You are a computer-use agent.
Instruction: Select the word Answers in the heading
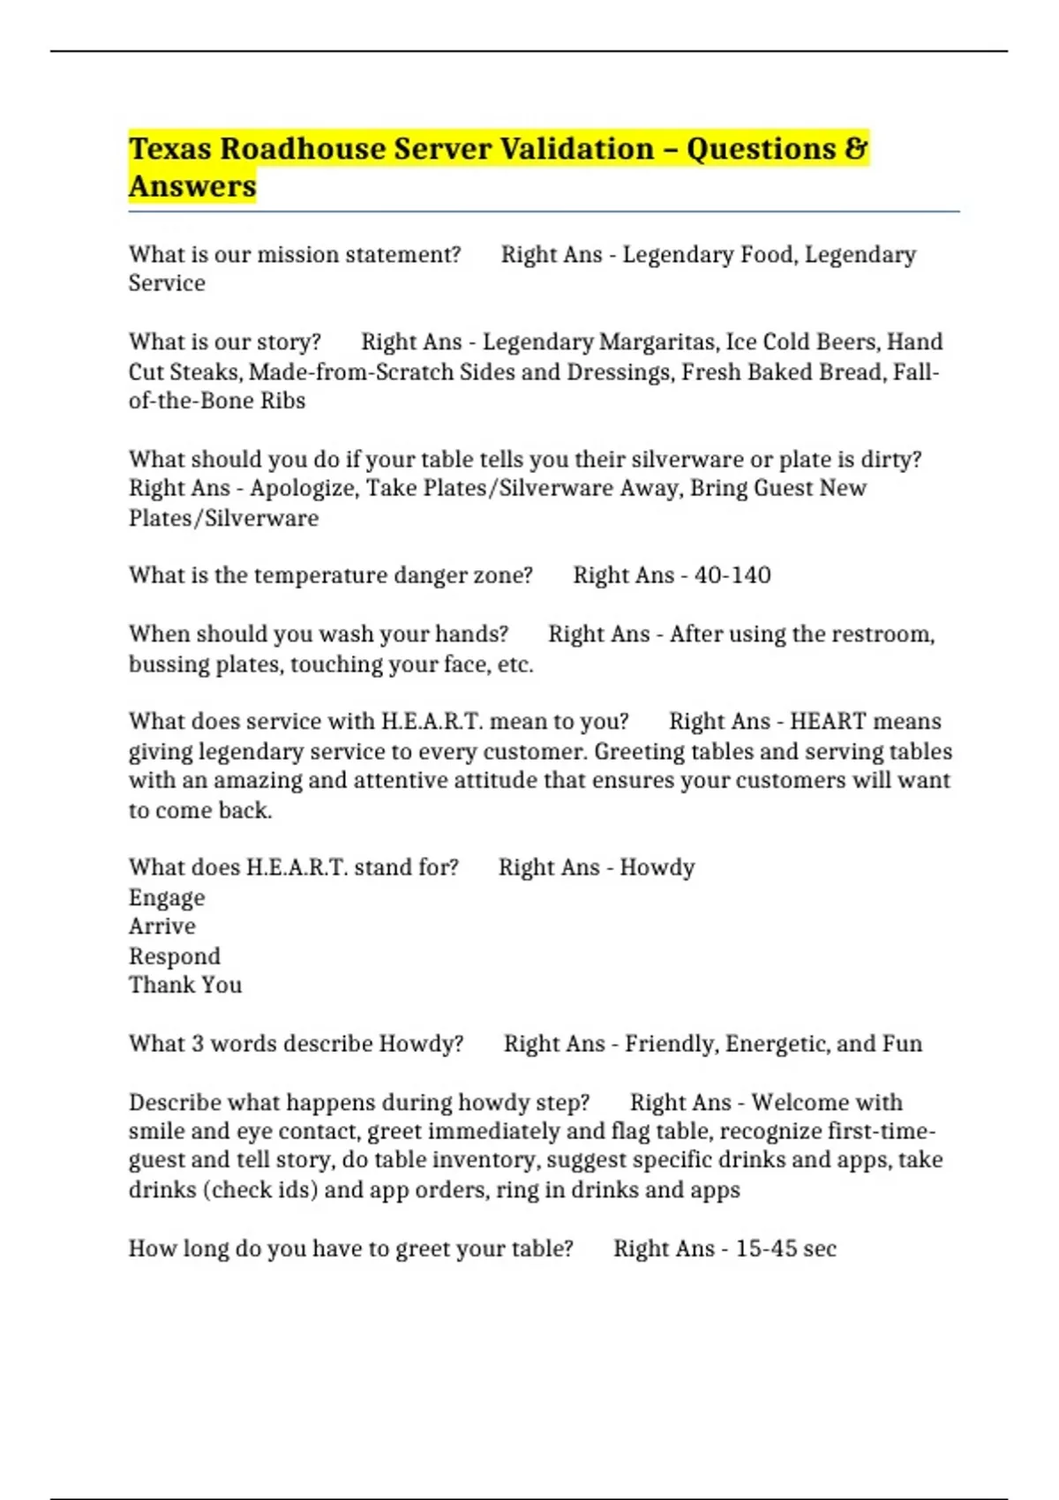192,186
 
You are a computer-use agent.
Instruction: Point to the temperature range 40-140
732,575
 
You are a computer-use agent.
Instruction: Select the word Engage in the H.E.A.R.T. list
167,897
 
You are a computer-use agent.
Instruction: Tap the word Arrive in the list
162,926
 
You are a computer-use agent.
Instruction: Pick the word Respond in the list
175,956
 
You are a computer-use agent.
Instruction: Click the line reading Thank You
185,985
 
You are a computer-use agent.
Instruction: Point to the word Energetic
777,1044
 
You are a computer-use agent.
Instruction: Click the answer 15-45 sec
785,1249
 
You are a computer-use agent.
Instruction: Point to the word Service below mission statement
167,283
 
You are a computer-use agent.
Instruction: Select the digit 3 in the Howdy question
197,1044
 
